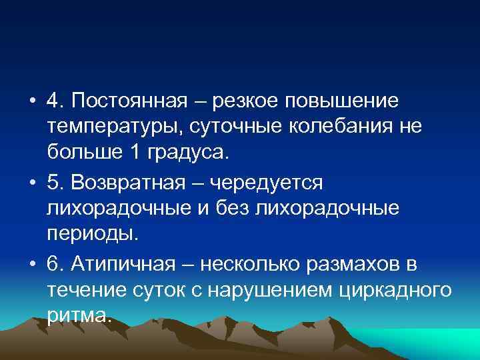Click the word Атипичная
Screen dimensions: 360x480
(124, 265)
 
